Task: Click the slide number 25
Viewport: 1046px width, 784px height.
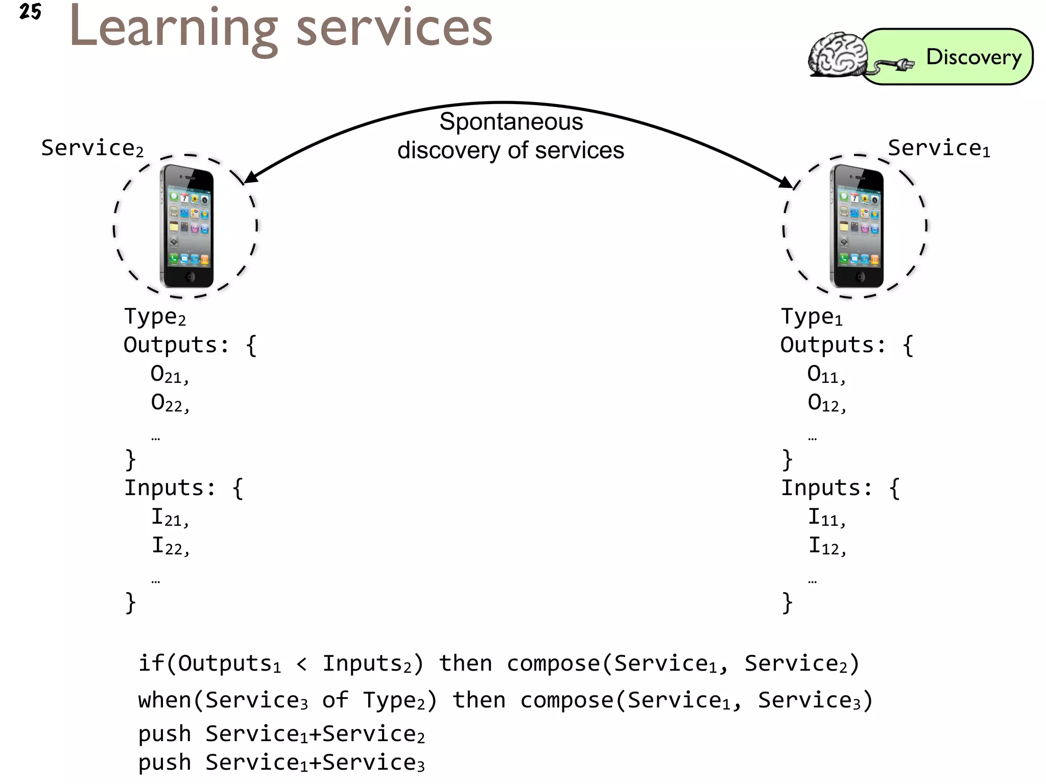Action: coord(30,11)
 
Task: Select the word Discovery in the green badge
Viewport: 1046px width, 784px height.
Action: coord(973,57)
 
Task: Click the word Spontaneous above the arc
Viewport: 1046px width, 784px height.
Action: coord(511,122)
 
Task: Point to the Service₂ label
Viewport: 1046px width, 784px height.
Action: coord(92,149)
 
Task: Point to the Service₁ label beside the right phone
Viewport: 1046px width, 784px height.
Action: coord(939,149)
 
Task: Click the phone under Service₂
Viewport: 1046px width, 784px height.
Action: coord(187,226)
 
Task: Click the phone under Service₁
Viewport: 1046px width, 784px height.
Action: coord(857,226)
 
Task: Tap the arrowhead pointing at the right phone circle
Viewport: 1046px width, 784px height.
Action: coord(787,182)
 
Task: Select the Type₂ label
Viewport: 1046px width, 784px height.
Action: coord(155,317)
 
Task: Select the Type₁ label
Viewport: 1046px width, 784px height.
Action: coord(812,317)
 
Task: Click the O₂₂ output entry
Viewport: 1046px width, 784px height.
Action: coord(170,403)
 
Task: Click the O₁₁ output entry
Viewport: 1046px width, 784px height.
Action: coord(826,375)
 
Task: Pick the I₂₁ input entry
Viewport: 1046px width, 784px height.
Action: coord(170,518)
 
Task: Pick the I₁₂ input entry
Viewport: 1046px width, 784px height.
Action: coord(826,546)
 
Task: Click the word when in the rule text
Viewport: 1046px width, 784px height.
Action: coord(164,700)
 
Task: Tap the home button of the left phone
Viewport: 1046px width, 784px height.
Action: coord(190,277)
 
